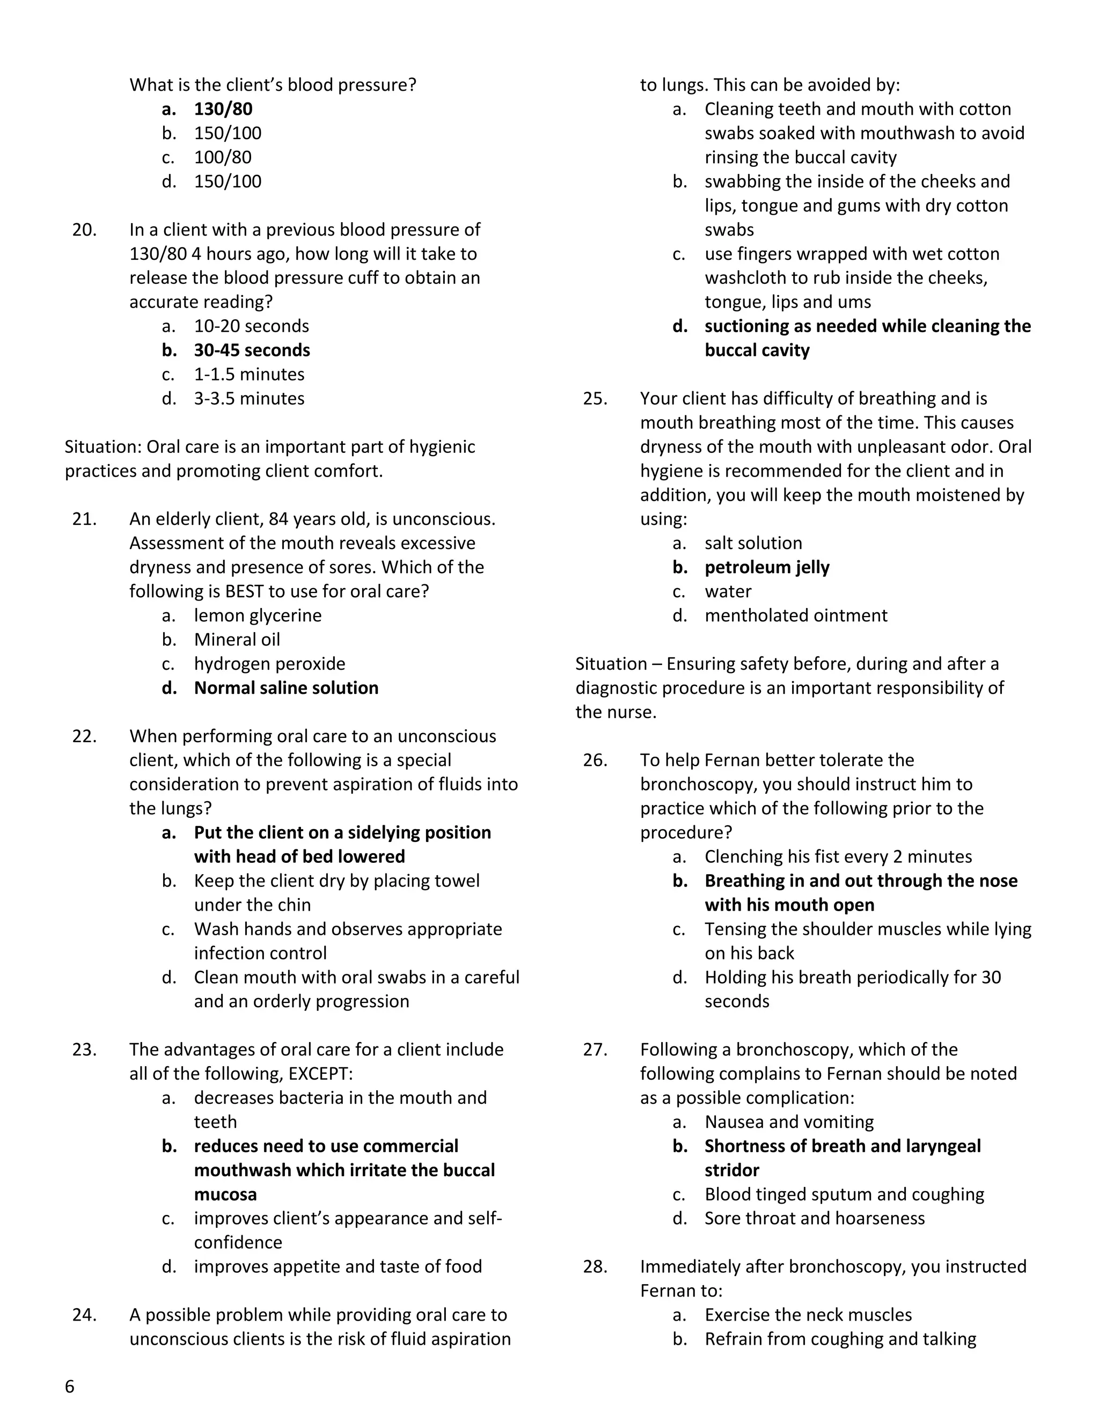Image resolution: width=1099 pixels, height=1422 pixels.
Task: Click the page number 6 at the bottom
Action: (x=70, y=1387)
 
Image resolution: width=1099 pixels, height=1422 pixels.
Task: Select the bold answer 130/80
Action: (x=223, y=109)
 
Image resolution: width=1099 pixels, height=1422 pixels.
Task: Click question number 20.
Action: (x=85, y=229)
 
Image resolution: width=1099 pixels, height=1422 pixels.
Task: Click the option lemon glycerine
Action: (x=257, y=615)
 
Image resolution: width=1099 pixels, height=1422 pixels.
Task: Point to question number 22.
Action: (x=85, y=736)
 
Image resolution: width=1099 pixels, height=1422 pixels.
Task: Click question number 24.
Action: (x=85, y=1315)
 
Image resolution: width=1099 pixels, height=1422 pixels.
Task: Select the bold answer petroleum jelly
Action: (x=766, y=567)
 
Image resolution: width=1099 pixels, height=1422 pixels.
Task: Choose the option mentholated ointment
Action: (x=796, y=615)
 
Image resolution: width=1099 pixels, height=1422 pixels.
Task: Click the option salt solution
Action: (x=753, y=543)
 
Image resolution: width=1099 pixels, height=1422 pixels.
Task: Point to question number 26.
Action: (x=595, y=760)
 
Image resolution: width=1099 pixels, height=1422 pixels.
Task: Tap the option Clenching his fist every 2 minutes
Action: (x=838, y=856)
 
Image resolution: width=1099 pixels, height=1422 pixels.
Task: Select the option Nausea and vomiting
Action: (x=788, y=1122)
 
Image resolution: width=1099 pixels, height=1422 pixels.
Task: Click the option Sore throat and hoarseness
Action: (x=814, y=1218)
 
